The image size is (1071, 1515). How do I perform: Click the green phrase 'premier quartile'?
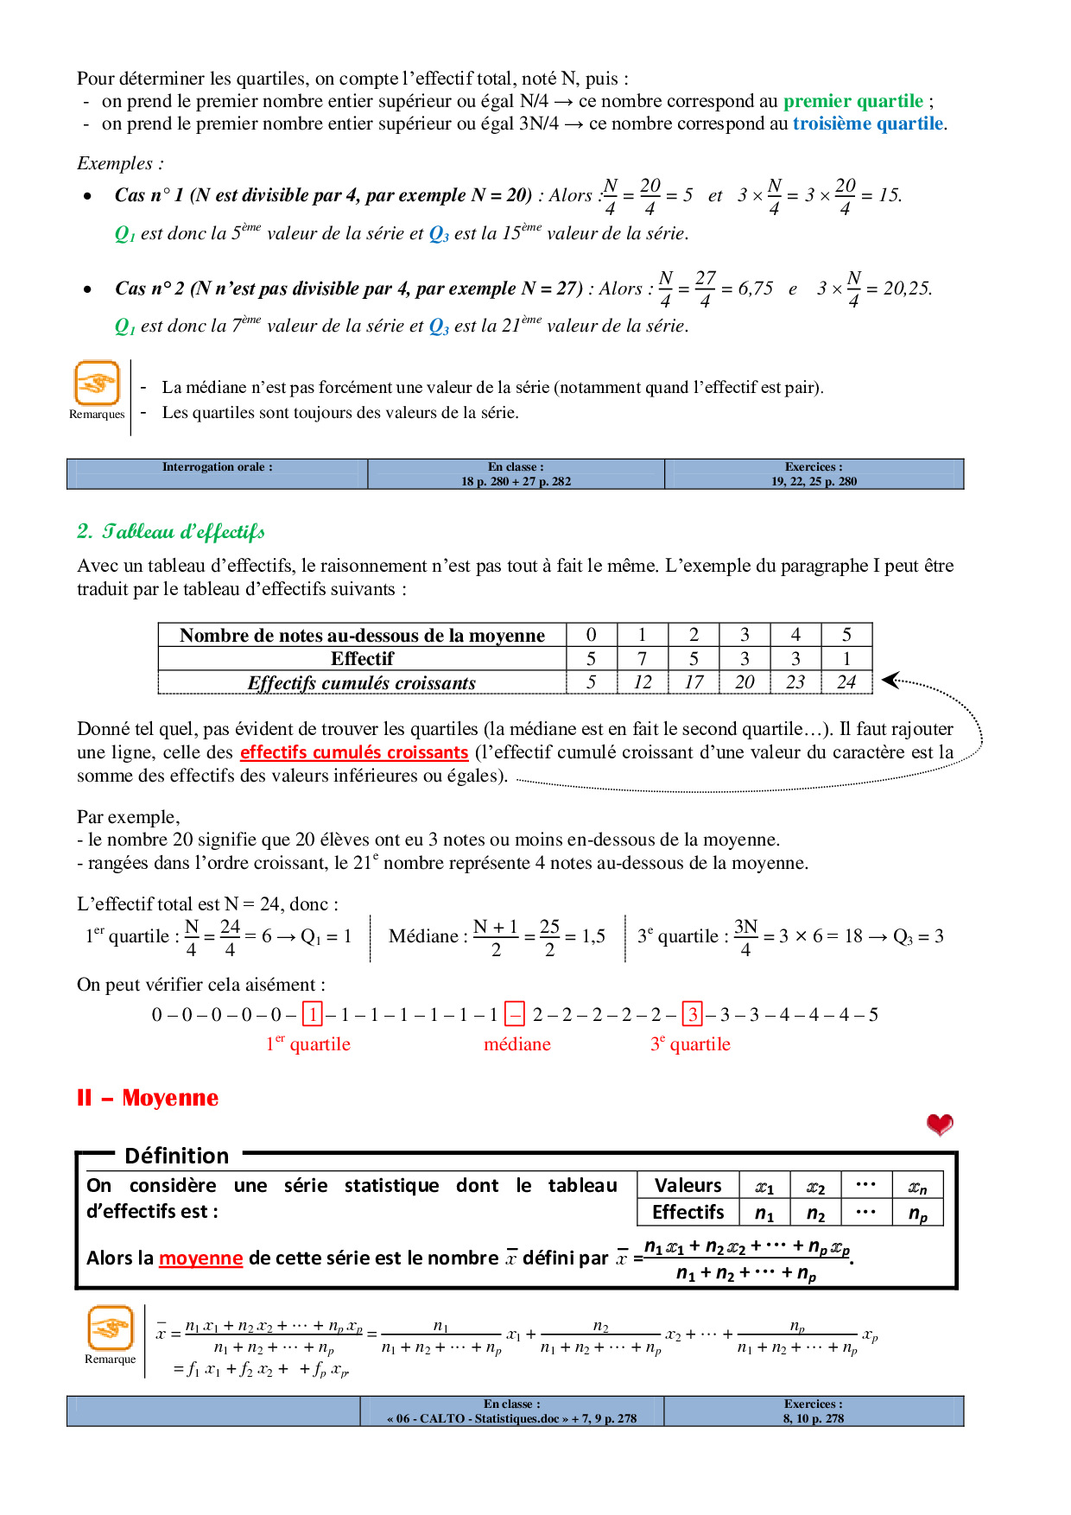[852, 101]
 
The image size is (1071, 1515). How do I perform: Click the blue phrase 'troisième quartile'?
[867, 124]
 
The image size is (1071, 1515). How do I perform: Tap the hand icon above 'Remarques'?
[97, 383]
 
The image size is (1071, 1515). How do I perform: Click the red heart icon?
[940, 1124]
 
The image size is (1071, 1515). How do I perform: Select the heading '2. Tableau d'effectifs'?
[171, 531]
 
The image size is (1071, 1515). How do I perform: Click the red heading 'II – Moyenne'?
[148, 1098]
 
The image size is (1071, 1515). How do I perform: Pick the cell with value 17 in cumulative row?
[694, 682]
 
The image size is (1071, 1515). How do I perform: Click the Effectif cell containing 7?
[642, 659]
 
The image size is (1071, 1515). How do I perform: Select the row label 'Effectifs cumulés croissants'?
[361, 682]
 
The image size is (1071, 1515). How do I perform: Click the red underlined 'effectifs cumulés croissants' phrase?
[354, 752]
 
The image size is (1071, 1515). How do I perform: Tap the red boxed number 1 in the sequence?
[312, 1014]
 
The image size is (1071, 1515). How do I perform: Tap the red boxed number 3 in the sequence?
[693, 1014]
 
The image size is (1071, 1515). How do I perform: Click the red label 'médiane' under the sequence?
[516, 1044]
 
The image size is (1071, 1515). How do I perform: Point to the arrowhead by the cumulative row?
[890, 681]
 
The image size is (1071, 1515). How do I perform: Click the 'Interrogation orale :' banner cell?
[217, 473]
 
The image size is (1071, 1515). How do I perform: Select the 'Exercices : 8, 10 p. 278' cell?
[813, 1410]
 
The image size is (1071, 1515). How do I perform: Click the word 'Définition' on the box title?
[176, 1156]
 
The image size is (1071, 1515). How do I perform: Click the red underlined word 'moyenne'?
[200, 1258]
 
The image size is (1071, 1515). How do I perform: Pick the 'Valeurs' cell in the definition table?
[688, 1185]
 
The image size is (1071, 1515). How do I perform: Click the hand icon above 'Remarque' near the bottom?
[111, 1328]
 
